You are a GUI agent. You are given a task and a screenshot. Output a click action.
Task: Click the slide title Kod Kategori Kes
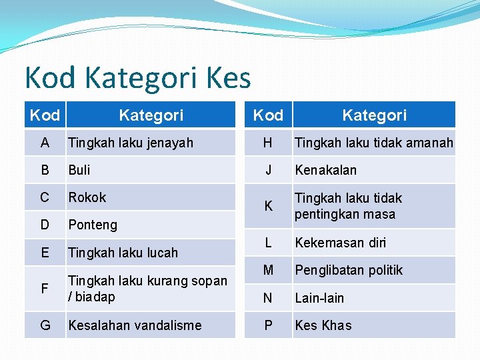click(x=137, y=78)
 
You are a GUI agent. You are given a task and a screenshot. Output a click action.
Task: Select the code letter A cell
click(x=45, y=143)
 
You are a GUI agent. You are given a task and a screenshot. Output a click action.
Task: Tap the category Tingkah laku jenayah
click(x=131, y=143)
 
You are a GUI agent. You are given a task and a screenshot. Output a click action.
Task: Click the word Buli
click(x=79, y=170)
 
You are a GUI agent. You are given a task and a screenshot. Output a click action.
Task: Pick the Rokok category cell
click(x=87, y=197)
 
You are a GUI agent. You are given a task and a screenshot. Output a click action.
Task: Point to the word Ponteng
click(x=93, y=225)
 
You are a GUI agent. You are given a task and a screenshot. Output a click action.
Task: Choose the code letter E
click(x=45, y=252)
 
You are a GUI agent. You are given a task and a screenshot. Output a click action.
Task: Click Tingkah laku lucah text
click(x=123, y=253)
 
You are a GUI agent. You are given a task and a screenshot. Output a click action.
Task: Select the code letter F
click(x=45, y=289)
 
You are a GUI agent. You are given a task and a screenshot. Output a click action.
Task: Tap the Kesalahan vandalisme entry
click(x=135, y=325)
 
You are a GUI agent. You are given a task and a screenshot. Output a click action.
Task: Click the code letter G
click(x=45, y=325)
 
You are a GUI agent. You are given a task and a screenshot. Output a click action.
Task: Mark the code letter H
click(x=268, y=143)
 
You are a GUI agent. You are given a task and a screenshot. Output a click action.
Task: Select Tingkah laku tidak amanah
click(x=373, y=143)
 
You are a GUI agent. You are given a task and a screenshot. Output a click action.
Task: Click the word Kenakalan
click(x=326, y=170)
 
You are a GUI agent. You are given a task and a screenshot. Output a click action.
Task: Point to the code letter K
click(x=268, y=206)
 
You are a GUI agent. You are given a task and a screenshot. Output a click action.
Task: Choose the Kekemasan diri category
click(x=341, y=243)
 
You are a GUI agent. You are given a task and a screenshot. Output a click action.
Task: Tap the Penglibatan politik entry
click(x=349, y=270)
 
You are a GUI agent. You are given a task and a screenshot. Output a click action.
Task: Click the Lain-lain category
click(x=319, y=298)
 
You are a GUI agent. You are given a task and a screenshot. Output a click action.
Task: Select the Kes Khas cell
click(x=323, y=325)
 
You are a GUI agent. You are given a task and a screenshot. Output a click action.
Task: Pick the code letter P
click(x=268, y=325)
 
